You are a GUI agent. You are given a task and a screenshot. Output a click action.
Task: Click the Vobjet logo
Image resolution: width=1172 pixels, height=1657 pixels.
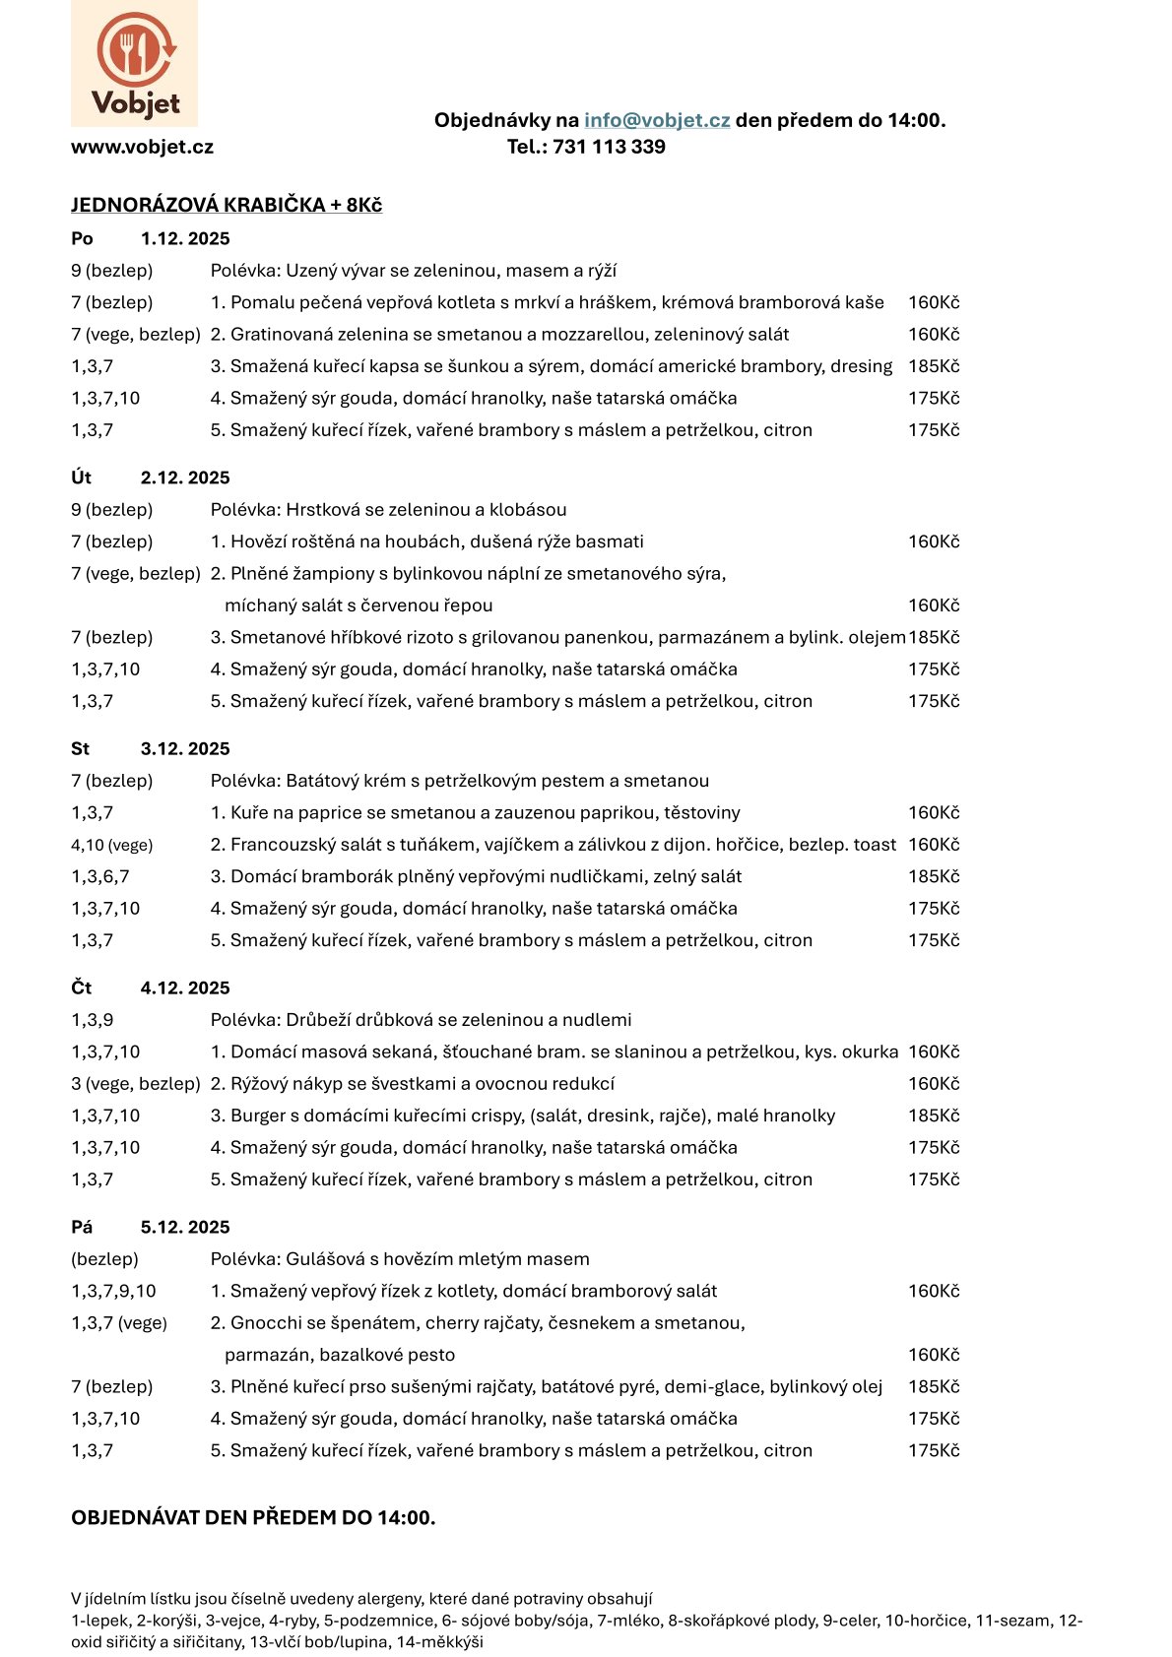point(134,63)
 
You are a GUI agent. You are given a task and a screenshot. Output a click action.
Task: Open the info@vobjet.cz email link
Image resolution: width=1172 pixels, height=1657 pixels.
point(657,120)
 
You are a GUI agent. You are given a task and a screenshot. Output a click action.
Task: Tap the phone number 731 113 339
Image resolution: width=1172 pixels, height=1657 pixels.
point(609,147)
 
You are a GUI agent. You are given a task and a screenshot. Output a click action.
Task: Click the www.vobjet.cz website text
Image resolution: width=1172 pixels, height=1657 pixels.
point(142,147)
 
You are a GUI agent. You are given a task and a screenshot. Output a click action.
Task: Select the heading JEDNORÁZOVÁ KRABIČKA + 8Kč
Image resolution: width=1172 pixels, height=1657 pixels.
point(227,205)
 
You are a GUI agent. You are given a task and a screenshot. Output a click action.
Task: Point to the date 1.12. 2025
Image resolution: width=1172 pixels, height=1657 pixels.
point(185,238)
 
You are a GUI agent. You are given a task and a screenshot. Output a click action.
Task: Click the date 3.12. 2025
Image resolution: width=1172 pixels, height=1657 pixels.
point(185,749)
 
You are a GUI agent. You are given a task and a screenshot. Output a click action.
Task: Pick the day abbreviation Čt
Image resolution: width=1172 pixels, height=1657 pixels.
point(81,988)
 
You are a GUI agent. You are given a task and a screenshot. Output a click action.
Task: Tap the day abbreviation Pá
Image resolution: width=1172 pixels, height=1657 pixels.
point(82,1228)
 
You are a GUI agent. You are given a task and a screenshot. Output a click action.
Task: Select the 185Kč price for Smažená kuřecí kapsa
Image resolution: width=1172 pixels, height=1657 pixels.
point(934,366)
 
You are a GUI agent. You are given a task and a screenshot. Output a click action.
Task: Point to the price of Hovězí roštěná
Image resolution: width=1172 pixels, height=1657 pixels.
point(934,542)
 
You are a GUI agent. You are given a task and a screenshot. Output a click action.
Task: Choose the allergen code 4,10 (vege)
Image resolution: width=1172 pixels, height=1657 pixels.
point(111,845)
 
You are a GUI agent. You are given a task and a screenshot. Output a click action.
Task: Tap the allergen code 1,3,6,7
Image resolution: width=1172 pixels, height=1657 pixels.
point(99,876)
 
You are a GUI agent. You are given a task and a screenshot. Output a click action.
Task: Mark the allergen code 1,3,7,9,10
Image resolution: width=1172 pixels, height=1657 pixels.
point(113,1291)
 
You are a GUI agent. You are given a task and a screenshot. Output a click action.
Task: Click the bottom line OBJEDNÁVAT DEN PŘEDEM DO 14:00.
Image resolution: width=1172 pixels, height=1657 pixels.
point(253,1517)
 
